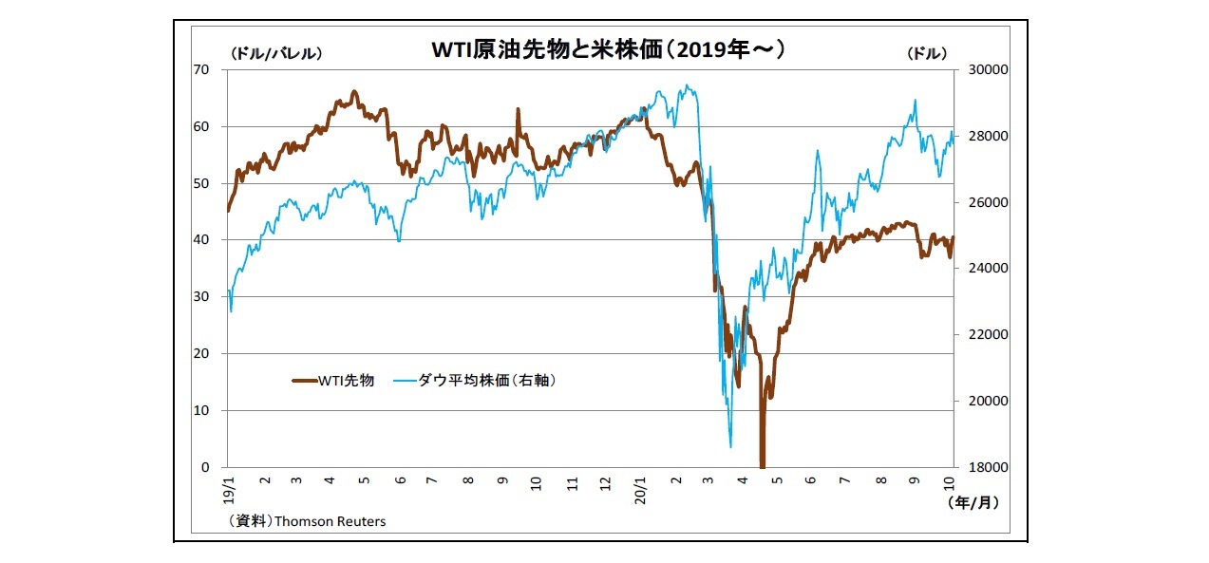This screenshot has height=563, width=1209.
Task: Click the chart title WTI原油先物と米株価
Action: (x=609, y=49)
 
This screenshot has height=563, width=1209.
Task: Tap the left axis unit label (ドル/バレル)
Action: (x=275, y=54)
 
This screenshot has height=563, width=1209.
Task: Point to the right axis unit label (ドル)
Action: (x=926, y=54)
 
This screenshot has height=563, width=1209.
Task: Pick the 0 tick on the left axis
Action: (x=205, y=467)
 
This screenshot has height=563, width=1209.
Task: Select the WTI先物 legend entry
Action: (x=332, y=381)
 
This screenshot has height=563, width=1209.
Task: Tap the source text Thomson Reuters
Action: (x=330, y=521)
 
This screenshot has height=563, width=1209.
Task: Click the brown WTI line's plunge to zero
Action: (x=762, y=463)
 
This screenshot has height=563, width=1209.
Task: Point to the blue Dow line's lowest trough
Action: (x=730, y=446)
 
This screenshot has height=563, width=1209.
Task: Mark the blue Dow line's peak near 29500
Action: (x=686, y=85)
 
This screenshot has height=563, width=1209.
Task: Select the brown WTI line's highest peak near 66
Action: (x=354, y=92)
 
